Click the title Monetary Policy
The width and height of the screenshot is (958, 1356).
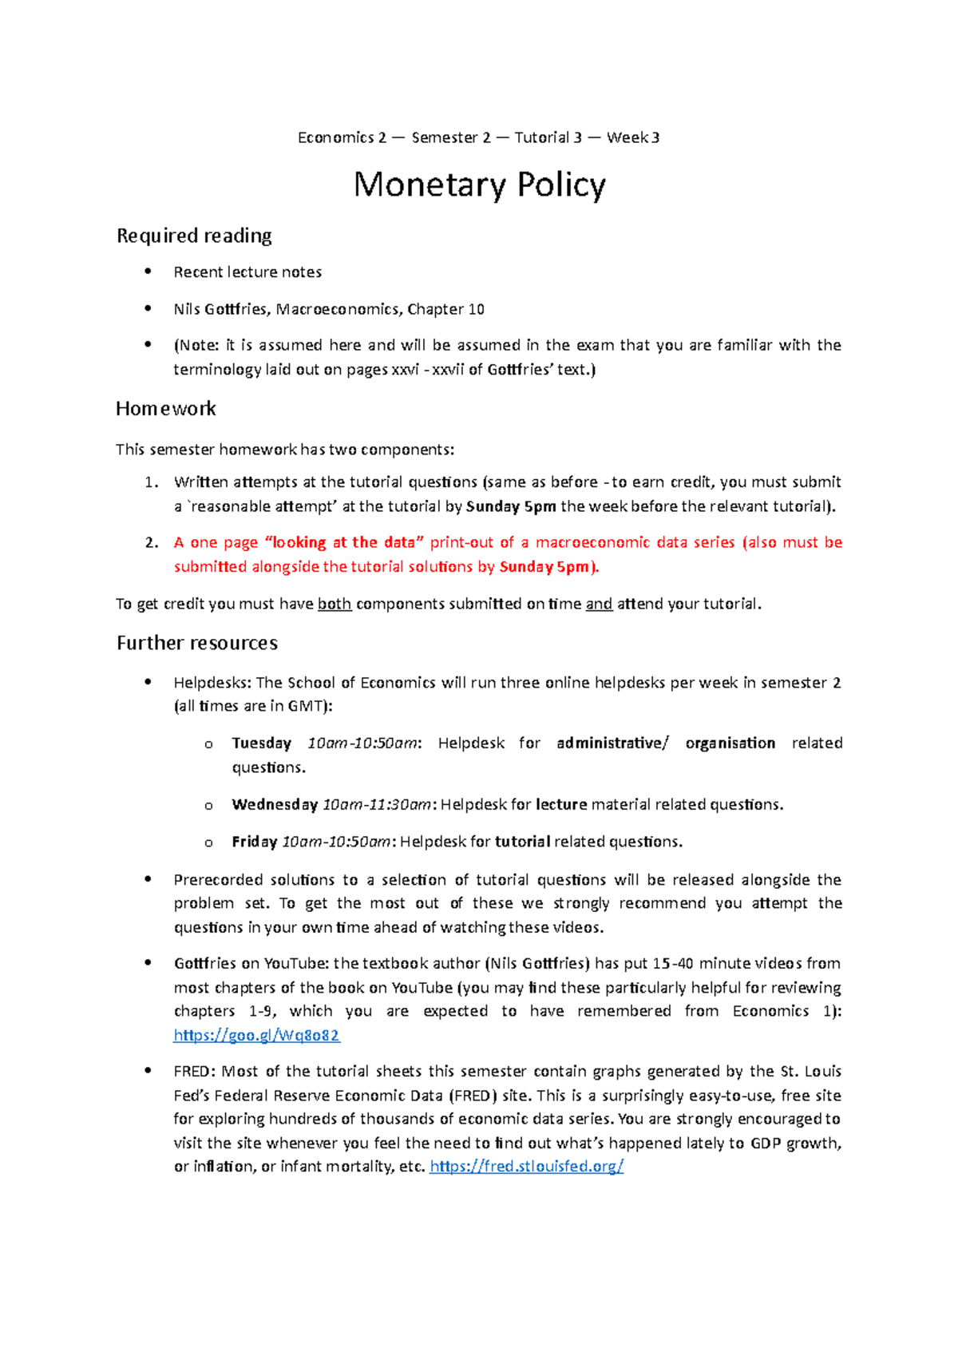(x=479, y=185)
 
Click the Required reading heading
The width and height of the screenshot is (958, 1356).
(x=194, y=236)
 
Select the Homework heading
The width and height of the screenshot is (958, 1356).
(x=166, y=409)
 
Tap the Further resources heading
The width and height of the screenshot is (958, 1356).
(x=197, y=643)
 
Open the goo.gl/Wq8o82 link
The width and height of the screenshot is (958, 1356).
(x=256, y=1035)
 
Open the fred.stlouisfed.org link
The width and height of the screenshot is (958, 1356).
(x=526, y=1166)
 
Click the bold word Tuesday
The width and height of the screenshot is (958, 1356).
(x=261, y=743)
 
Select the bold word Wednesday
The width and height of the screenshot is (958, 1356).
(x=275, y=804)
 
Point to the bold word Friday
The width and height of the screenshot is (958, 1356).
(x=254, y=842)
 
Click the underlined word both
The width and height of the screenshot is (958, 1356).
(x=335, y=604)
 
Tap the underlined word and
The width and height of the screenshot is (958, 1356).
(x=599, y=604)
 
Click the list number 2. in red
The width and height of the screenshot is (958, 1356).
(x=152, y=542)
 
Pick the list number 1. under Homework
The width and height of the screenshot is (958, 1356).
(x=152, y=482)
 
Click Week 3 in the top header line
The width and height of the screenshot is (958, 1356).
(x=633, y=137)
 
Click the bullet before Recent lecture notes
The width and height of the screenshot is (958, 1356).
(x=148, y=272)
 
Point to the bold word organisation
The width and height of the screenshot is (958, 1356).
(x=730, y=743)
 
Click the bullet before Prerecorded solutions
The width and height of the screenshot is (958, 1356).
(x=148, y=879)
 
